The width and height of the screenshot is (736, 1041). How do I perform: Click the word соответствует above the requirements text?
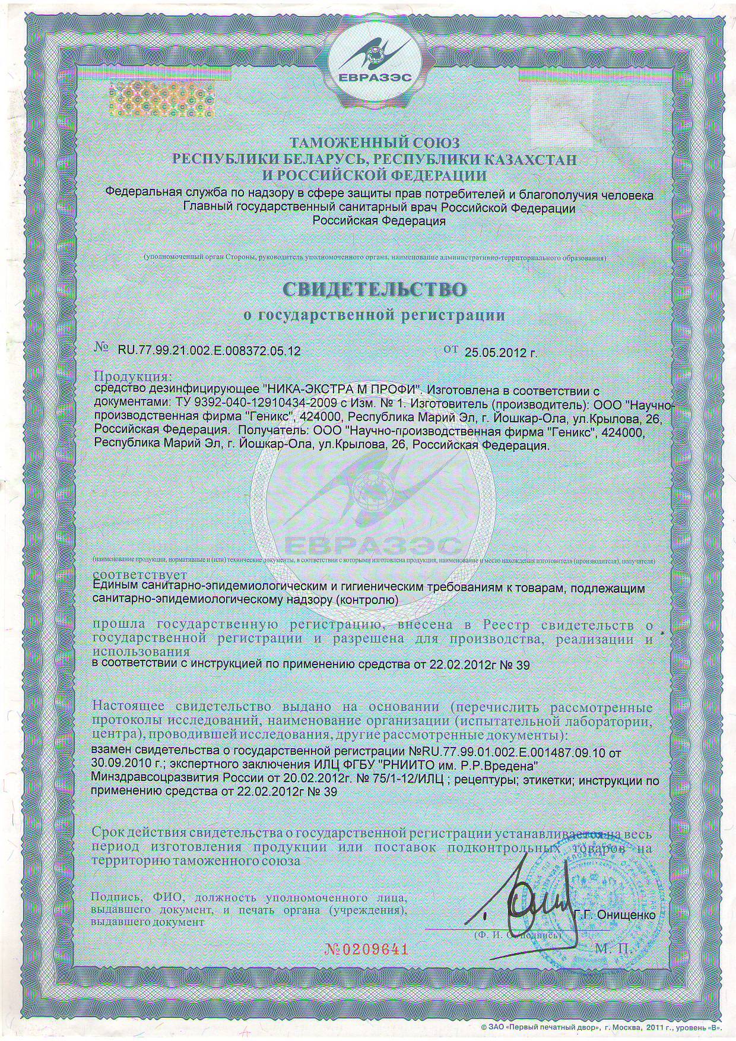141,575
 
